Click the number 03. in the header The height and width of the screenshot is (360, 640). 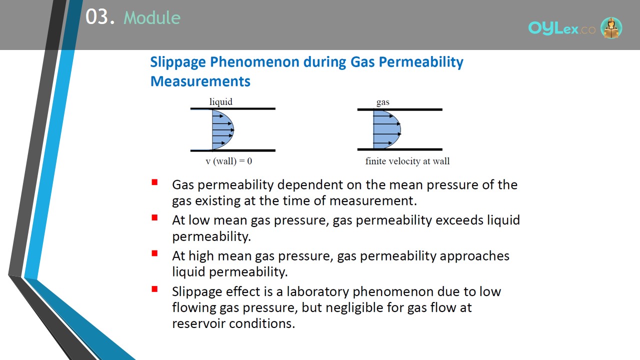pos(100,16)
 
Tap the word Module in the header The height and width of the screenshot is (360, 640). pos(152,17)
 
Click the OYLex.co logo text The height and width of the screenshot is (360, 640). pos(561,28)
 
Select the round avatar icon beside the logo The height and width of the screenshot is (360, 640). pos(611,27)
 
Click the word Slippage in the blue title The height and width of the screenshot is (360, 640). pos(178,62)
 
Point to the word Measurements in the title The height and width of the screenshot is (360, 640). pos(200,81)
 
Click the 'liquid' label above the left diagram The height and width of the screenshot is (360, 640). pos(221,101)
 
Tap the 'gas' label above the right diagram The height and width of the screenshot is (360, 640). pos(383,102)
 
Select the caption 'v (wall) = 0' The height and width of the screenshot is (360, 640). pos(229,161)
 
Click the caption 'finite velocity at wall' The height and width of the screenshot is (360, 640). pos(407,161)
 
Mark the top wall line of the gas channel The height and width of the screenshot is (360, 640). pos(399,109)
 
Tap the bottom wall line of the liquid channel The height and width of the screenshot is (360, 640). pos(233,150)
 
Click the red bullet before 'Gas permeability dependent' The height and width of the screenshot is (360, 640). pos(154,182)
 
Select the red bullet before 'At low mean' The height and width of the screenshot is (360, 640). pos(154,217)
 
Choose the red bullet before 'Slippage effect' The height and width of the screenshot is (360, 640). pos(154,289)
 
